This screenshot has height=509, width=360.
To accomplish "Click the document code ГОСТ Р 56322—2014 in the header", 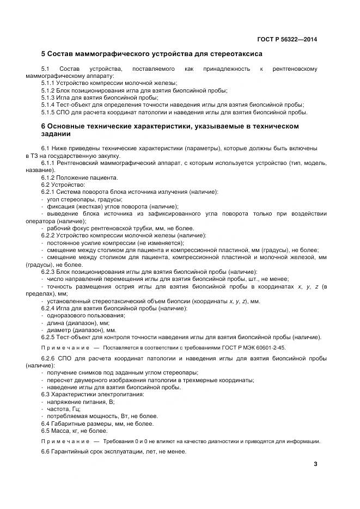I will (287, 39).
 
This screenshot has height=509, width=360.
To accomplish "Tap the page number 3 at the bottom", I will (315, 464).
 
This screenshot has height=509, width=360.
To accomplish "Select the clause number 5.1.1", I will (48, 83).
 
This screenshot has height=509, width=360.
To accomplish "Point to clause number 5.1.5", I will (48, 112).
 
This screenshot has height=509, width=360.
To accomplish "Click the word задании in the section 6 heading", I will (57, 134).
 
